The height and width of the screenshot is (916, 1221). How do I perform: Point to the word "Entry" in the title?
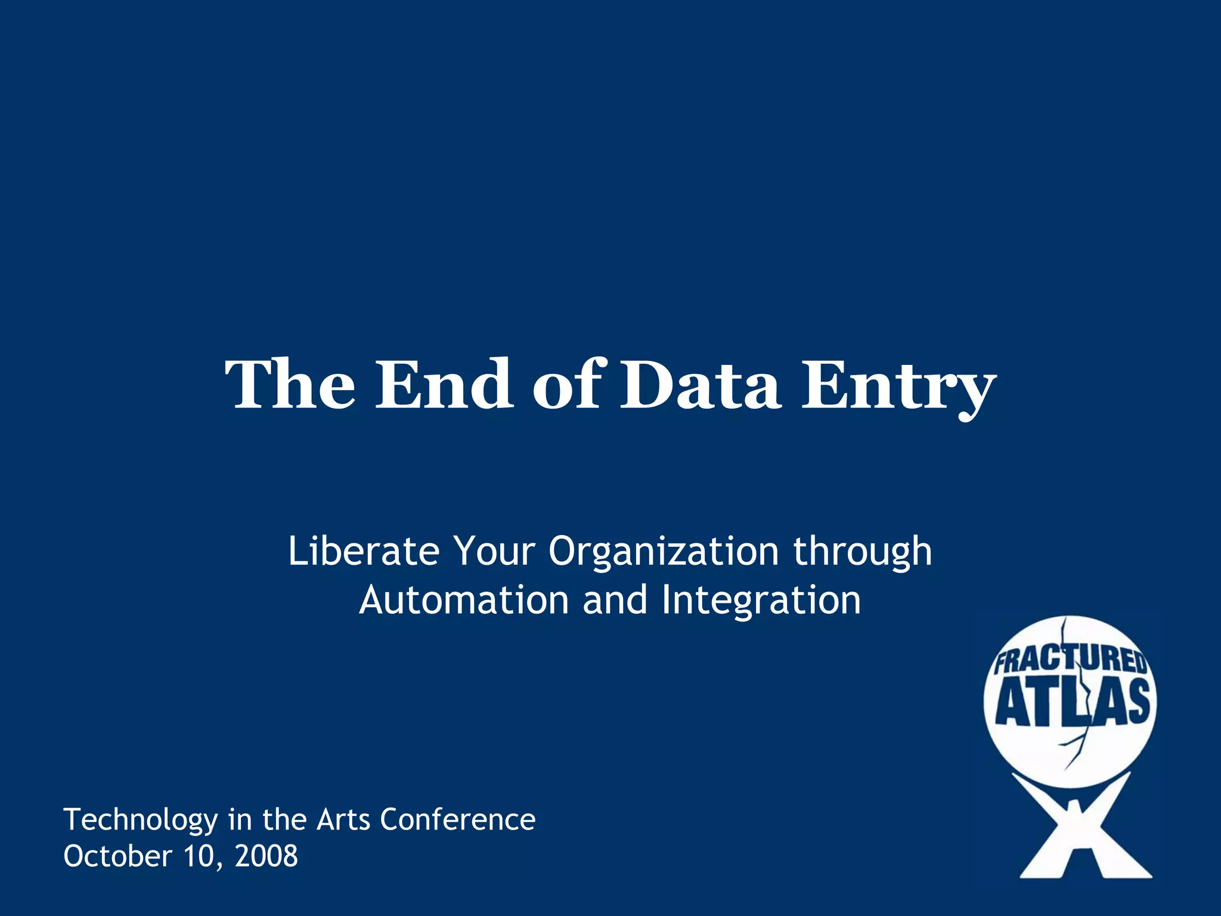[898, 388]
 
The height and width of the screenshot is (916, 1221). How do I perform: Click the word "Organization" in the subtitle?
[664, 552]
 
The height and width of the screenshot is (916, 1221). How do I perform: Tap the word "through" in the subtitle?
[863, 552]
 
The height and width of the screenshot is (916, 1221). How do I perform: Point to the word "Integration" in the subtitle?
[761, 601]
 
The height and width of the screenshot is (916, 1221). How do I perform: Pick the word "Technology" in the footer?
[141, 821]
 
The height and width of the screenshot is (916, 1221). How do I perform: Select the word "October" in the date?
[117, 856]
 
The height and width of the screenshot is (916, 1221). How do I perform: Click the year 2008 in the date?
[266, 856]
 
